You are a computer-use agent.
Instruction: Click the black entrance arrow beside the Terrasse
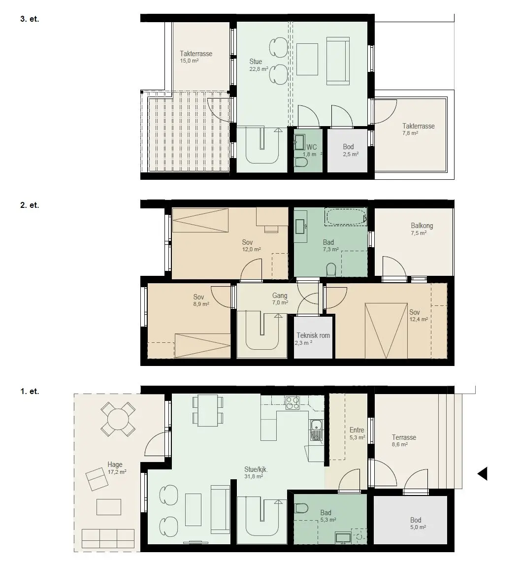tap(483, 473)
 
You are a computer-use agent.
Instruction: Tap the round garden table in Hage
tap(118, 419)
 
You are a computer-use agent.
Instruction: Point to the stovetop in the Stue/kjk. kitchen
tap(292, 403)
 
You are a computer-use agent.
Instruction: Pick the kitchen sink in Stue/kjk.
tap(316, 430)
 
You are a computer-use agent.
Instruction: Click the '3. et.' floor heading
tap(30, 19)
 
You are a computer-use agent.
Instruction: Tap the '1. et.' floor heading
tap(30, 392)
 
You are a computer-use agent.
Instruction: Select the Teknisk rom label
tap(313, 335)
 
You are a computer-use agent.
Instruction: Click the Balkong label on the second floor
tap(422, 226)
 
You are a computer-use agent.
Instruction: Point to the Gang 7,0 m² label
tap(280, 298)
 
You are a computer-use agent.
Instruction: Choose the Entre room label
tap(357, 430)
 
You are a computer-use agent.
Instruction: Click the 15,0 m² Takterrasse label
tap(196, 57)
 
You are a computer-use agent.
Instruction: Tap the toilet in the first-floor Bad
tap(301, 508)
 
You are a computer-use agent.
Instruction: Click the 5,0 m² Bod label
tap(418, 523)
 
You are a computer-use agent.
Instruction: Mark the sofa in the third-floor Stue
tap(338, 61)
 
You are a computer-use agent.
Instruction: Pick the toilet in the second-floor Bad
tap(331, 270)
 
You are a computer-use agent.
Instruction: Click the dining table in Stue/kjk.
tap(208, 410)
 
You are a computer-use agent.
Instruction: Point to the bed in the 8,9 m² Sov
tap(202, 346)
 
